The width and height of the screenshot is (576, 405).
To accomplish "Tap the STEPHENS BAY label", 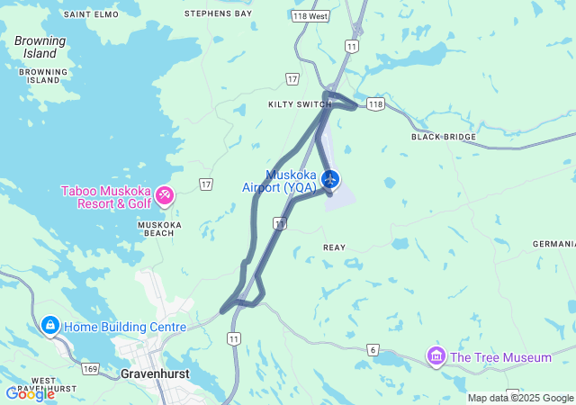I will [218, 14].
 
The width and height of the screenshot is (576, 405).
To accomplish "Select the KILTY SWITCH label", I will [294, 104].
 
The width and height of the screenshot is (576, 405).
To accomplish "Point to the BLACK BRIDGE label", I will [443, 137].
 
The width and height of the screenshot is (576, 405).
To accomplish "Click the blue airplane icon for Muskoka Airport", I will [330, 179].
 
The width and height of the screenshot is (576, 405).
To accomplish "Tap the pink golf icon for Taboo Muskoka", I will [165, 194].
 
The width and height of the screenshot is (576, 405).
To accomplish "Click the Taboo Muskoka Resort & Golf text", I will [106, 197].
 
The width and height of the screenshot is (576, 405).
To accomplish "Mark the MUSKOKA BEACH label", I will [159, 229].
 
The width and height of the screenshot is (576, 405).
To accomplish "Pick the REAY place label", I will [334, 247].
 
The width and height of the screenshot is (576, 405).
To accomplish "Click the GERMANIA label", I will [553, 244].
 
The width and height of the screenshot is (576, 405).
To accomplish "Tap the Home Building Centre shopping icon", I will [49, 325].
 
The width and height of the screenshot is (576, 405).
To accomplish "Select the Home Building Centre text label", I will [124, 328].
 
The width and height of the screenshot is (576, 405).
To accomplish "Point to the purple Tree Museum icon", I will [436, 356].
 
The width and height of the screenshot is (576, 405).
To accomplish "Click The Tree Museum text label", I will [500, 357].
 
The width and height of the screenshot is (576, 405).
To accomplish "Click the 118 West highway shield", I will [311, 17].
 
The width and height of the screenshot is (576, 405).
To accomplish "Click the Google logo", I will [30, 393].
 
